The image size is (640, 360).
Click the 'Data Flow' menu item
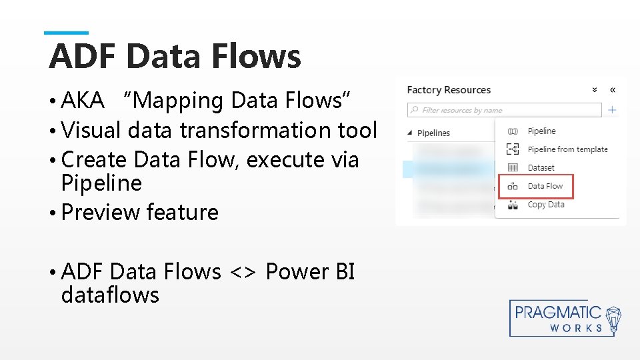545,186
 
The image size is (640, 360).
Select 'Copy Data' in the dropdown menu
545,205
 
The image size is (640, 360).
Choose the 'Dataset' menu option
541,168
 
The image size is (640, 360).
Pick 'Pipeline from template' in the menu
567,149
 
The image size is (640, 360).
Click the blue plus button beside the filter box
612,110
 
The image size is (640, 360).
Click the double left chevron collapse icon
613,90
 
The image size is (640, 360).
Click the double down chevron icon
595,90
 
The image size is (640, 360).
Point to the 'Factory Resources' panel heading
449,90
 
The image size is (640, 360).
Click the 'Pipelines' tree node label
433,133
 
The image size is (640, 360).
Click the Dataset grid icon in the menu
513,168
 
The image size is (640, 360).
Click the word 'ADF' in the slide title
83,56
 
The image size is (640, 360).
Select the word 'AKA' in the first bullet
83,101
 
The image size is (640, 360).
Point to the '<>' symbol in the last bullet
243,272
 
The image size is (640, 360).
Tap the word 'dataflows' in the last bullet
110,295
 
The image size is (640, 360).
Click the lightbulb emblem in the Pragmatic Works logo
613,319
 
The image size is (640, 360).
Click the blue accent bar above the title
66,33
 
